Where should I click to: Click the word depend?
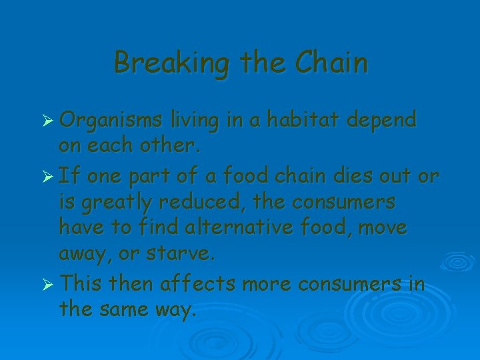[x=383, y=120]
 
